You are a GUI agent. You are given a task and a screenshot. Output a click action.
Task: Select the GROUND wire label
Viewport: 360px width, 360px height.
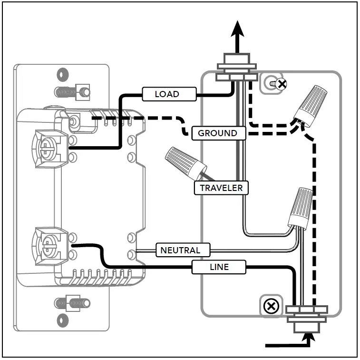click(x=218, y=133)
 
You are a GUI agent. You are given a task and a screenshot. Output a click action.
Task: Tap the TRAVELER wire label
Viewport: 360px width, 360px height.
click(x=221, y=188)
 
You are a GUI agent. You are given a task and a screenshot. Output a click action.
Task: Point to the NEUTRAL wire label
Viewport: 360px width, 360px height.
click(x=180, y=250)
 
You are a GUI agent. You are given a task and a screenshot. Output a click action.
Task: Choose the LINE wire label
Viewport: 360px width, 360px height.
click(x=219, y=267)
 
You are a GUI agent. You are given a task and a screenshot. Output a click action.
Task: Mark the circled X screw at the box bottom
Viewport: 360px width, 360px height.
click(x=271, y=306)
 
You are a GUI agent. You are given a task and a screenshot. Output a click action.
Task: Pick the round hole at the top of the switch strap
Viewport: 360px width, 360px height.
click(x=62, y=75)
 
